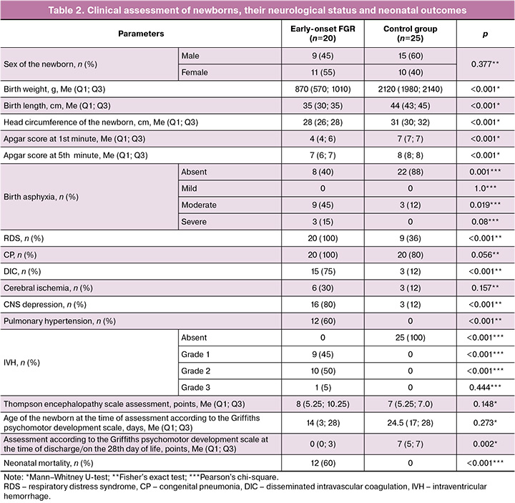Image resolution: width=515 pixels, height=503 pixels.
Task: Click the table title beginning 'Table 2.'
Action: coord(257,10)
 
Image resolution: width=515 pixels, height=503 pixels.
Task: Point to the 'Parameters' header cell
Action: coord(142,34)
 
